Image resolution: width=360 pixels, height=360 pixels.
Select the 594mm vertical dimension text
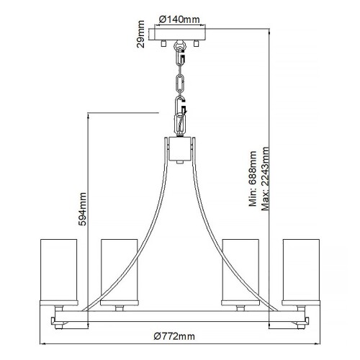point(82,209)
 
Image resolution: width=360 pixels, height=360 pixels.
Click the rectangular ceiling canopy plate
point(179,34)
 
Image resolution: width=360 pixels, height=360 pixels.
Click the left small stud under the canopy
point(165,45)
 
